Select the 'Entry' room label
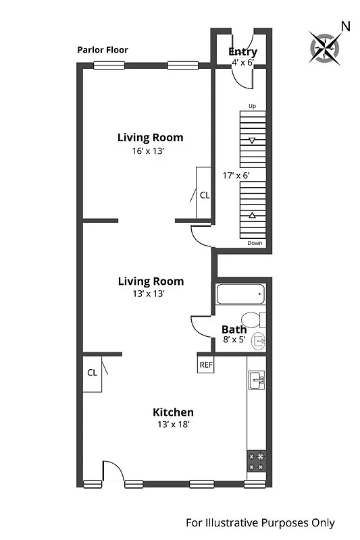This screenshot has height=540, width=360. pos(242,52)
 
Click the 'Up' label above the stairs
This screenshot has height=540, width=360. pos(253,107)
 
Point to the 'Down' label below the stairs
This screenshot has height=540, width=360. pos(255,243)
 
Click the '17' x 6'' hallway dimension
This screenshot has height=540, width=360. pos(236,175)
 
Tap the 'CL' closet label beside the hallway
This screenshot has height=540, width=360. pos(205,196)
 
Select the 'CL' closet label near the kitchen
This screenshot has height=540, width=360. pos(92,372)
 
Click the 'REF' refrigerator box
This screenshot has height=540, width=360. pos(206,364)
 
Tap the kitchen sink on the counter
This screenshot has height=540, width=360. pos(256,380)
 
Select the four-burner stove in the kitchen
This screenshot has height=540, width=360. pos(256,461)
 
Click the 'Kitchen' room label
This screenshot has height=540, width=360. pos(173,412)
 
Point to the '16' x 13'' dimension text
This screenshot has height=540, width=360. pos(149,151)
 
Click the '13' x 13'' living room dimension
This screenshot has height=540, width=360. pos(149,294)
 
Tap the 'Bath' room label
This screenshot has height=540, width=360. pos(233,329)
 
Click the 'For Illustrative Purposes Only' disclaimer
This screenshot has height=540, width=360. pos(260,522)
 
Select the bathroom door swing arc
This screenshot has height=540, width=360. pos(201,327)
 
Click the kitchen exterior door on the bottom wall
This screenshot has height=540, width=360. pos(113,473)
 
